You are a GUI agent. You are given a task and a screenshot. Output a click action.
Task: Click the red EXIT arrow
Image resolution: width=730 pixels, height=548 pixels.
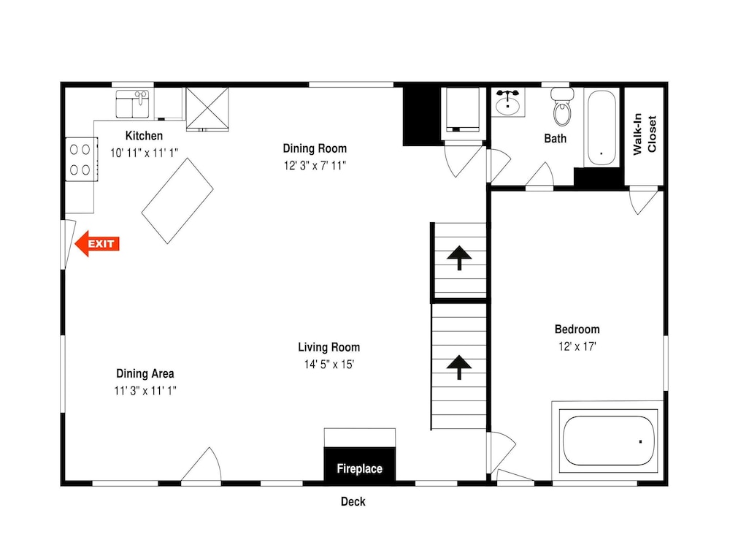point(97,244)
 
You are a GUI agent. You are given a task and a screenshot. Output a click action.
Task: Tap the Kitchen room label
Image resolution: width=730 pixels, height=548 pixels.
point(144,136)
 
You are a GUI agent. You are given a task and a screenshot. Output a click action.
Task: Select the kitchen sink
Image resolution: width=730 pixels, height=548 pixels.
point(132,104)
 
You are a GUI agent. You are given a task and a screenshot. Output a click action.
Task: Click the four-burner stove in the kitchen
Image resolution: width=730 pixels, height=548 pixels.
point(82,159)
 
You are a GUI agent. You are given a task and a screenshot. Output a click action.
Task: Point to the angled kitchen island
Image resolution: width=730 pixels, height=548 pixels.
point(177,201)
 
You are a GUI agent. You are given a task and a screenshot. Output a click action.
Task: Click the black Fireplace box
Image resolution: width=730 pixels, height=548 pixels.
point(359,464)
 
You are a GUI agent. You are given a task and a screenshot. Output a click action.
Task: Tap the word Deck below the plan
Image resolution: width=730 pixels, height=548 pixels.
point(353,502)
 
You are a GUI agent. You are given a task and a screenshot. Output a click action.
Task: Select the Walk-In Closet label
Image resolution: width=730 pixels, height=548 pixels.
point(645,134)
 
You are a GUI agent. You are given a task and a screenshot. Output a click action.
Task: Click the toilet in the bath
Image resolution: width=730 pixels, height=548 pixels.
point(562,107)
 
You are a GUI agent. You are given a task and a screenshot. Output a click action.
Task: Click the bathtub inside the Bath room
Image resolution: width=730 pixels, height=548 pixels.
point(602,128)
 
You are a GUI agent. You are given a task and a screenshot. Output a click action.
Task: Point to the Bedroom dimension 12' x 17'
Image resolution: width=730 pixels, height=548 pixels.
point(577,346)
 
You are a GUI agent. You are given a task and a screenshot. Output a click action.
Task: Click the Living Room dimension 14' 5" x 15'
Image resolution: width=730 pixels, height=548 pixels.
point(329,364)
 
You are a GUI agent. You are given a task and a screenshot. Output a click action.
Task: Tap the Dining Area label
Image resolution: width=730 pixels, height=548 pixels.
point(145,373)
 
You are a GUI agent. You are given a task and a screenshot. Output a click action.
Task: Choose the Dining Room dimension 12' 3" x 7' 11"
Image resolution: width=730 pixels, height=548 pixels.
point(315,165)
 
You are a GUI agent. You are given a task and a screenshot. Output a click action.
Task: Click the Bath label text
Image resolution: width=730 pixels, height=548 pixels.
point(555,138)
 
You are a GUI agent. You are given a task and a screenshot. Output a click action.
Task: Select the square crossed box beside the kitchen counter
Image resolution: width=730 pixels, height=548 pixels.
point(207,109)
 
